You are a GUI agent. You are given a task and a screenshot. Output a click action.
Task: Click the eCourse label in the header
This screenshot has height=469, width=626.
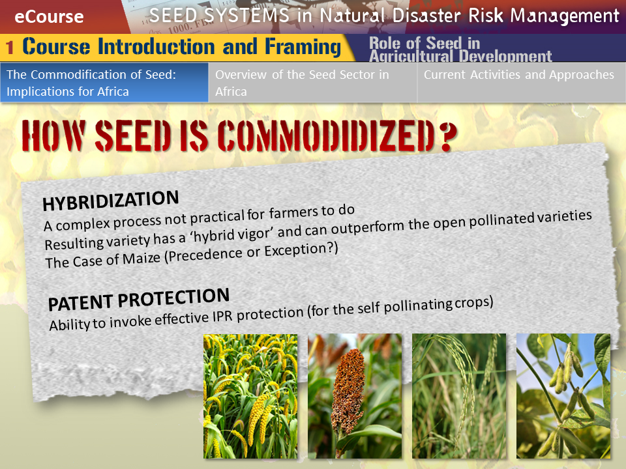point(49,17)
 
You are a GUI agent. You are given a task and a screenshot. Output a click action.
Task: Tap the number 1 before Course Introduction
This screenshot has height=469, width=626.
point(10,47)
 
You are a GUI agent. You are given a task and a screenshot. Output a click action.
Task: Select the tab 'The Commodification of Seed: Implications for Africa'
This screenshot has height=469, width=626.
point(104,83)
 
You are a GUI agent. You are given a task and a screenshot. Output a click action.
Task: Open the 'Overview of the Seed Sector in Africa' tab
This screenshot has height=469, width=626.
point(312,83)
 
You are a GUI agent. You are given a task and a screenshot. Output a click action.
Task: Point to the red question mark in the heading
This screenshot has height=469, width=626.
point(447,137)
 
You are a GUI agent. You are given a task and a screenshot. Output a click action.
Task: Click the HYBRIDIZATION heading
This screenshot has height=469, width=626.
point(111,200)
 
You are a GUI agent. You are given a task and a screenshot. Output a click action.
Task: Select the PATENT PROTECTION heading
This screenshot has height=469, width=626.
point(138,299)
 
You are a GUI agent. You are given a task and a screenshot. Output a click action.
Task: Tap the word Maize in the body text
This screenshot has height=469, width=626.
point(142,259)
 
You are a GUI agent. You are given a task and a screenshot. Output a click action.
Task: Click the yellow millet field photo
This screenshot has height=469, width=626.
point(250,397)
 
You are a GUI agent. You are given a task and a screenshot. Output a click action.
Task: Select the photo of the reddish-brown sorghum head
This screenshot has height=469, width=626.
point(355,396)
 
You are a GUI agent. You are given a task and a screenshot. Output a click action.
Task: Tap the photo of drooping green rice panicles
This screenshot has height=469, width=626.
point(459,396)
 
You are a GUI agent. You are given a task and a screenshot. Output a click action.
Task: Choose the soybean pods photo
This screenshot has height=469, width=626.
point(563,396)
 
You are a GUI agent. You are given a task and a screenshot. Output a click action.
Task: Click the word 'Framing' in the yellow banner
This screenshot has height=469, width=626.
point(303,47)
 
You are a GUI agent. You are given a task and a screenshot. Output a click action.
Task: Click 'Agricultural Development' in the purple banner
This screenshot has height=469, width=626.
point(460,57)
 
